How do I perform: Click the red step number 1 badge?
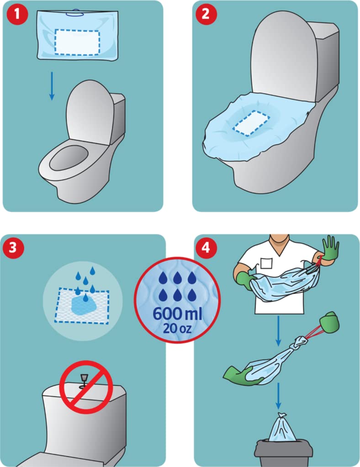pyautogui.click(x=17, y=14)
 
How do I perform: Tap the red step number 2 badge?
pyautogui.click(x=206, y=14)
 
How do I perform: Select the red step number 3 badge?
pyautogui.click(x=13, y=247)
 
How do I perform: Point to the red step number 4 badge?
pyautogui.click(x=206, y=247)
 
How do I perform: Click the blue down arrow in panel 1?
pyautogui.click(x=52, y=86)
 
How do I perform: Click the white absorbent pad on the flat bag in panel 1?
pyautogui.click(x=77, y=42)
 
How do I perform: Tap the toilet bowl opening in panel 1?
pyautogui.click(x=69, y=158)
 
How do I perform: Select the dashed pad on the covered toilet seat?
pyautogui.click(x=251, y=123)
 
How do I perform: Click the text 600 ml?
pyautogui.click(x=177, y=314)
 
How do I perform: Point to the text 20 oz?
pyautogui.click(x=177, y=328)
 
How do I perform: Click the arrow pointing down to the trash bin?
pyautogui.click(x=278, y=396)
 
